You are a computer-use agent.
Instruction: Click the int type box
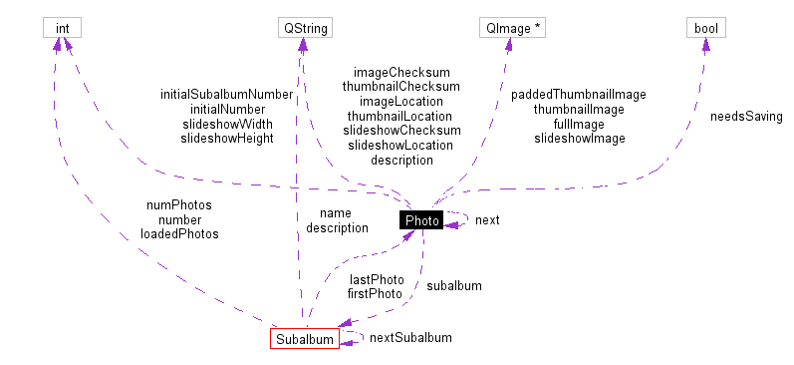tap(62, 28)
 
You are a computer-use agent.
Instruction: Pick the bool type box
tap(705, 28)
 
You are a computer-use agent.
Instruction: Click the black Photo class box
tap(421, 220)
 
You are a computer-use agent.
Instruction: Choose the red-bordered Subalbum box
tap(304, 338)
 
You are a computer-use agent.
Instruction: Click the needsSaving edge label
tap(746, 117)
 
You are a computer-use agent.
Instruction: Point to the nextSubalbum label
tap(410, 338)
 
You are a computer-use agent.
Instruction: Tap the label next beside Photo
tap(487, 220)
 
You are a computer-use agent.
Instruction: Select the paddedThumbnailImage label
tap(579, 95)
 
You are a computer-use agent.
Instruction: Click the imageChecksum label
tap(402, 73)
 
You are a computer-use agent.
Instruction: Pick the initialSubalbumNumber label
tap(227, 95)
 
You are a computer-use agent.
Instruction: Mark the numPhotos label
tap(179, 205)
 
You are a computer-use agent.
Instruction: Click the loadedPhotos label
tap(179, 234)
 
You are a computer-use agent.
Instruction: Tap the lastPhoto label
tap(376, 279)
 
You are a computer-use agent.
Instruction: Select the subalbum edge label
tap(454, 286)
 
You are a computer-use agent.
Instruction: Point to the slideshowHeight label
tap(227, 139)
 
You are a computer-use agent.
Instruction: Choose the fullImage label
tap(579, 124)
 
